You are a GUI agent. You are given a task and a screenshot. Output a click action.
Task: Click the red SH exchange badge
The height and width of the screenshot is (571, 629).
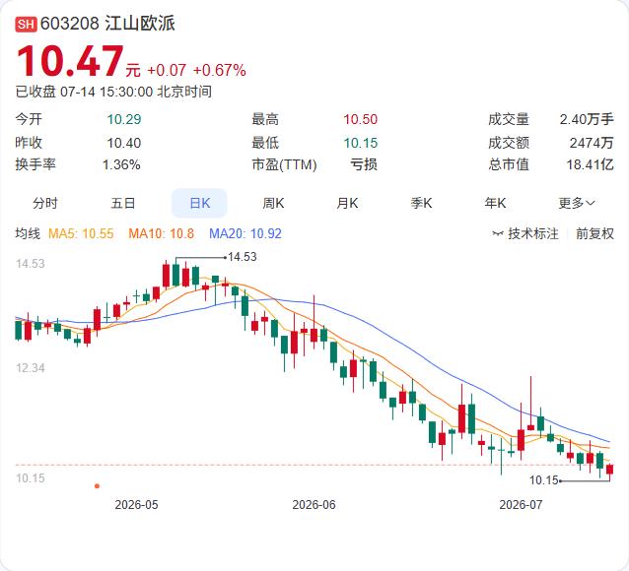[26, 24]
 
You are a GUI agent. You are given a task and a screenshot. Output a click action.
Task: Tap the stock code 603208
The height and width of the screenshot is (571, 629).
[70, 24]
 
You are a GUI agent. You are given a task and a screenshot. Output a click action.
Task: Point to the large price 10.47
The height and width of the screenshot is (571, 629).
[71, 61]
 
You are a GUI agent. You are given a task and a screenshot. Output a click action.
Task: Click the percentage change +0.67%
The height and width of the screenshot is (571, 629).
[220, 71]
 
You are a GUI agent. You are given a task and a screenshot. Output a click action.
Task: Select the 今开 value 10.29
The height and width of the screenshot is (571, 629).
[124, 119]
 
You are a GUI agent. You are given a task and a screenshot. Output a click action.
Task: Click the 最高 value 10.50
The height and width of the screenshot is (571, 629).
[360, 119]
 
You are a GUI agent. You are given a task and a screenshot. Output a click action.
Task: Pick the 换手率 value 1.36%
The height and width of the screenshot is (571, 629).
[121, 164]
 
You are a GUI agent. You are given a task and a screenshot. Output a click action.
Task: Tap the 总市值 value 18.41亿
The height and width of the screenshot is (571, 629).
[590, 164]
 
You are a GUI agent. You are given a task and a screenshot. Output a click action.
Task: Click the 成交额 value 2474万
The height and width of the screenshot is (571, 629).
[592, 143]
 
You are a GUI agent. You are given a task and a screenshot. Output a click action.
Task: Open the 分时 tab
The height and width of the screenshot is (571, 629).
[45, 203]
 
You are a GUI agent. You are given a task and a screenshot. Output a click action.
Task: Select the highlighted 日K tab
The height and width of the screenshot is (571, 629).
[199, 203]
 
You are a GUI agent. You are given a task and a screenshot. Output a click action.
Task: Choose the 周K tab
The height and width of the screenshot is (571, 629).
[273, 203]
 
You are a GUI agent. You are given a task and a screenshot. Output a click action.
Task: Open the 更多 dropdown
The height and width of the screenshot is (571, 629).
[577, 203]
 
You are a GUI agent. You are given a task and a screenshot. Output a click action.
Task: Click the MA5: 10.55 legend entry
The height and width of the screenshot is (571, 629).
[81, 233]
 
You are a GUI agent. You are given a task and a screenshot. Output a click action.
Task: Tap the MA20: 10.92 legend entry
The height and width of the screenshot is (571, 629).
[245, 233]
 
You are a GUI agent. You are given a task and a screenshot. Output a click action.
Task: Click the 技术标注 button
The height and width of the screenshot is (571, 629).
[525, 233]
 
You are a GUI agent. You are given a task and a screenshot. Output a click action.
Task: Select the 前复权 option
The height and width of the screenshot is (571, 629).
[594, 233]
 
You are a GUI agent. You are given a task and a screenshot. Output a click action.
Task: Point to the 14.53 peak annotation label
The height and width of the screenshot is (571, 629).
[243, 257]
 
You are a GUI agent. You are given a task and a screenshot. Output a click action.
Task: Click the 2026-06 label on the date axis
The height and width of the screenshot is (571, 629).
[314, 504]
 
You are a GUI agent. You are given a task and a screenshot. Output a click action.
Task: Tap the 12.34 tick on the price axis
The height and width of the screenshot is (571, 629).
[31, 368]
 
